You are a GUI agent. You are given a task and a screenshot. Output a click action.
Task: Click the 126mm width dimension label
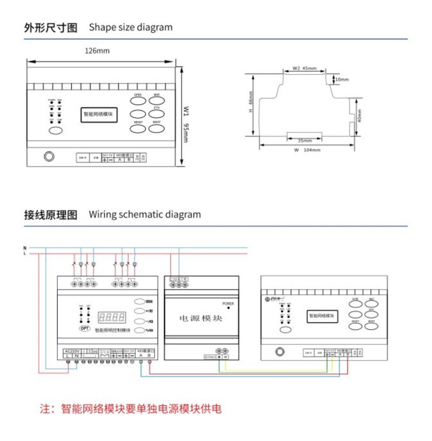tap(97, 50)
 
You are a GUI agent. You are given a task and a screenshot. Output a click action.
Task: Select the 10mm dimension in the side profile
tap(342, 79)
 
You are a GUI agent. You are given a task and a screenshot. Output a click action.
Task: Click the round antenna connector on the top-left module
tap(49, 157)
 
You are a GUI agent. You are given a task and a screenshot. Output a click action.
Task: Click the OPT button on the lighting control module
tap(85, 328)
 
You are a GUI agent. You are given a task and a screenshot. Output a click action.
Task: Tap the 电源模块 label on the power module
tap(200, 318)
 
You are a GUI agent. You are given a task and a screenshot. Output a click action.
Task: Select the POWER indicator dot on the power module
tap(229, 308)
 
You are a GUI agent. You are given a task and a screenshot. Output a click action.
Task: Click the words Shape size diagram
tap(131, 27)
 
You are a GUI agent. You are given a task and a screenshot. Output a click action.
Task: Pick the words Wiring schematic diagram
tap(145, 215)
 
